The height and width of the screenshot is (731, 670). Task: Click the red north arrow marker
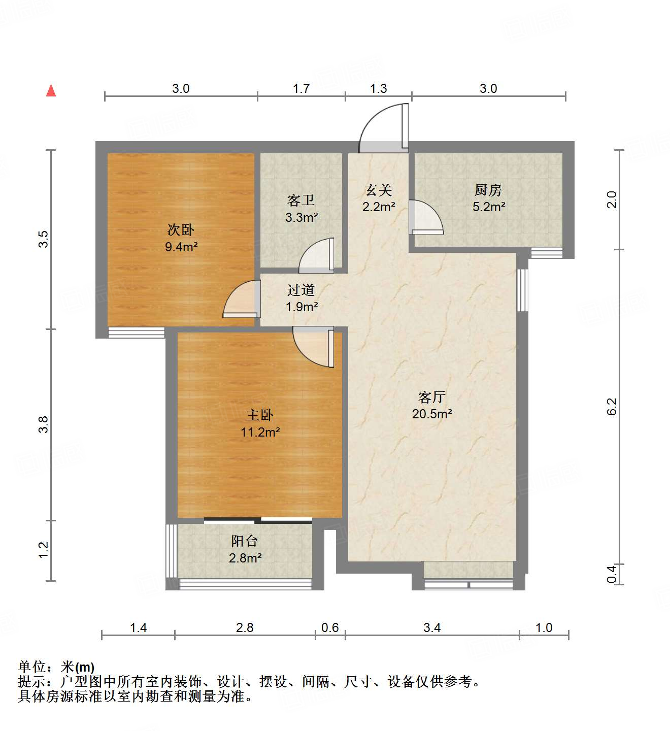click(x=51, y=90)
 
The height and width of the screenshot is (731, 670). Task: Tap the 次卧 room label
click(x=181, y=230)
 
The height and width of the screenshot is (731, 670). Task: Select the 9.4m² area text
click(x=181, y=247)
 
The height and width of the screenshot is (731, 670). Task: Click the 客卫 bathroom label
click(x=301, y=201)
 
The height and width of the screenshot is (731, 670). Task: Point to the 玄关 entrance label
click(x=378, y=190)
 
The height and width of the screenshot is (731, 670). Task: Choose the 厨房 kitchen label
click(x=488, y=190)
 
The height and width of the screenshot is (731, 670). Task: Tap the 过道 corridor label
click(x=301, y=290)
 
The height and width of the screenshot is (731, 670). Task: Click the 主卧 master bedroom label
click(x=260, y=415)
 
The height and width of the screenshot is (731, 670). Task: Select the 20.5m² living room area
click(x=431, y=414)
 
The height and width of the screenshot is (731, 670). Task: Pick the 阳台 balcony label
click(x=245, y=541)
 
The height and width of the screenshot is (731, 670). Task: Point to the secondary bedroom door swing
click(x=241, y=300)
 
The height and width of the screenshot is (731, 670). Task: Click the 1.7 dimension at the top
click(x=301, y=89)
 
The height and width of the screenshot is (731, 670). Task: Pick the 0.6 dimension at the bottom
click(x=330, y=628)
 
